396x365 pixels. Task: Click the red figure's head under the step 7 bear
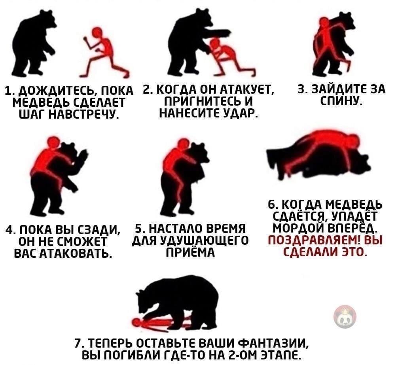[136, 322]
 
